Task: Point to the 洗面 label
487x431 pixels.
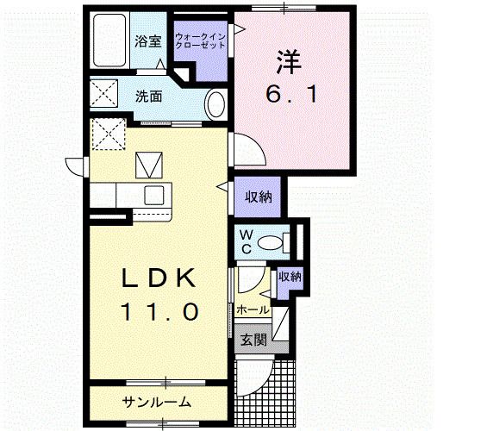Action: (148, 97)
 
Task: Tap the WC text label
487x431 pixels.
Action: (246, 241)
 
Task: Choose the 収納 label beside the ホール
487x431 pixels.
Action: (289, 277)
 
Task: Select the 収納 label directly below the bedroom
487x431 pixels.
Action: (257, 197)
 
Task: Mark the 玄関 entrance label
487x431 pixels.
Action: (253, 340)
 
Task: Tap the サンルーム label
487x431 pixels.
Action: (156, 403)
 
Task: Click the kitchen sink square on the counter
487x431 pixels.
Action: (155, 193)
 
